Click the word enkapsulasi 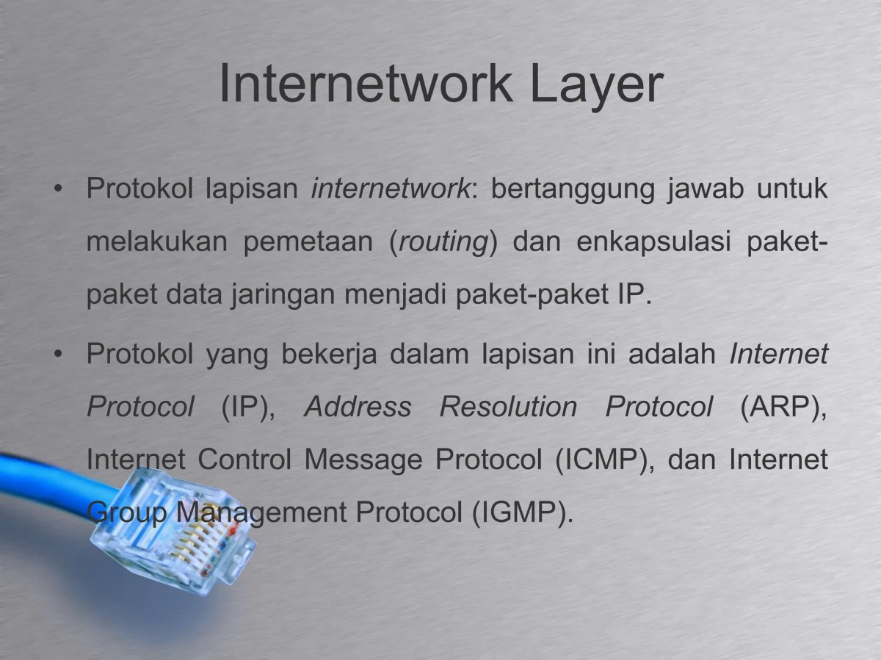click(653, 242)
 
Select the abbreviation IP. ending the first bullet click(630, 295)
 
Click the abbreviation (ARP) click(783, 407)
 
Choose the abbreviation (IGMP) click(518, 512)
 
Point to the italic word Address click(358, 407)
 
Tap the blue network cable click(44, 477)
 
